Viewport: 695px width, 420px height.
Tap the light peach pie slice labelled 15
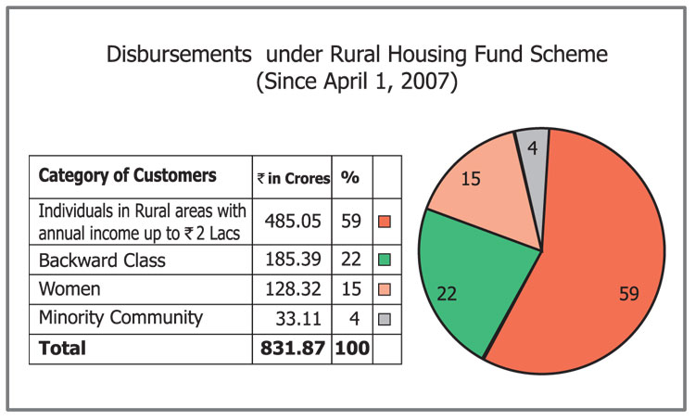[477, 185]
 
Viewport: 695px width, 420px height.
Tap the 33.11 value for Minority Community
[297, 318]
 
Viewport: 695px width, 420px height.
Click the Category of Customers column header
[128, 175]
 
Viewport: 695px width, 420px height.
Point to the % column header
[350, 176]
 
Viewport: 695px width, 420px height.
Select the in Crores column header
[294, 177]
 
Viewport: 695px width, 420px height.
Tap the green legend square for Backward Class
[385, 260]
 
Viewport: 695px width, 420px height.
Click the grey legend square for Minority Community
[385, 318]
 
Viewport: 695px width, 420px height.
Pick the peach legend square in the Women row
[385, 288]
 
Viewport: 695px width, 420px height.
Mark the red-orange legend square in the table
[385, 223]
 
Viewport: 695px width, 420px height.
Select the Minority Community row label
[120, 318]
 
